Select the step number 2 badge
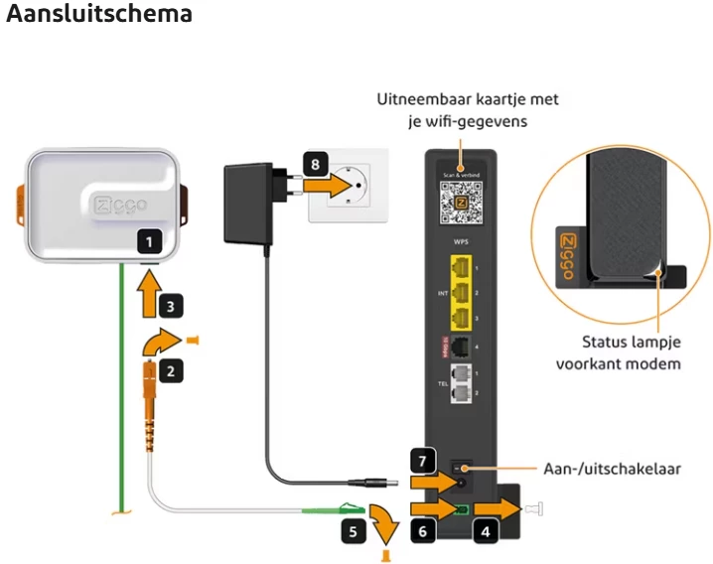pos(172,371)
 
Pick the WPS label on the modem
pos(460,242)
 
